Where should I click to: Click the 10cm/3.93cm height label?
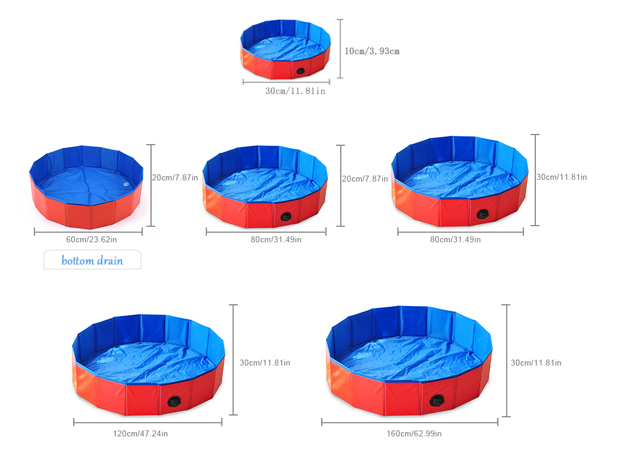pyautogui.click(x=372, y=51)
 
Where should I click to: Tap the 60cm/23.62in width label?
pyautogui.click(x=92, y=239)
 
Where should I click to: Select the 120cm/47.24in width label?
pyautogui.click(x=140, y=433)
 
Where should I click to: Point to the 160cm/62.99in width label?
pyautogui.click(x=414, y=433)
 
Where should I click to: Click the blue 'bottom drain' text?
pyautogui.click(x=92, y=260)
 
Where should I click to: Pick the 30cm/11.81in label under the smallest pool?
pyautogui.click(x=295, y=91)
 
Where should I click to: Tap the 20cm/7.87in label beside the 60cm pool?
pyautogui.click(x=175, y=177)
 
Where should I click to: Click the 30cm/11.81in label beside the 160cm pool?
pyautogui.click(x=536, y=363)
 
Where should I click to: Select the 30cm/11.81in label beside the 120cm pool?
pyautogui.click(x=265, y=363)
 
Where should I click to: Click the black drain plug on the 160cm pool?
pyautogui.click(x=437, y=401)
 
